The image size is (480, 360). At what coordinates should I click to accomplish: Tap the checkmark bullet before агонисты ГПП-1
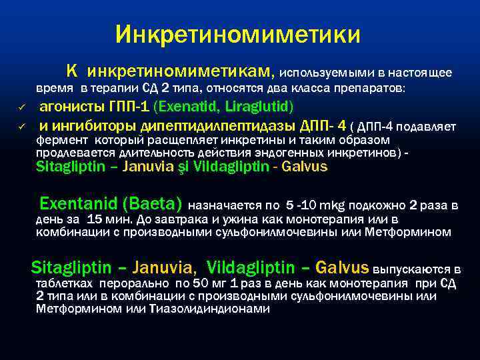(21, 108)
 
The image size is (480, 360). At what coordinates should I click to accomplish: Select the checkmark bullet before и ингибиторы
(21, 127)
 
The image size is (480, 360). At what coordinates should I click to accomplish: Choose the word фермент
(63, 140)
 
